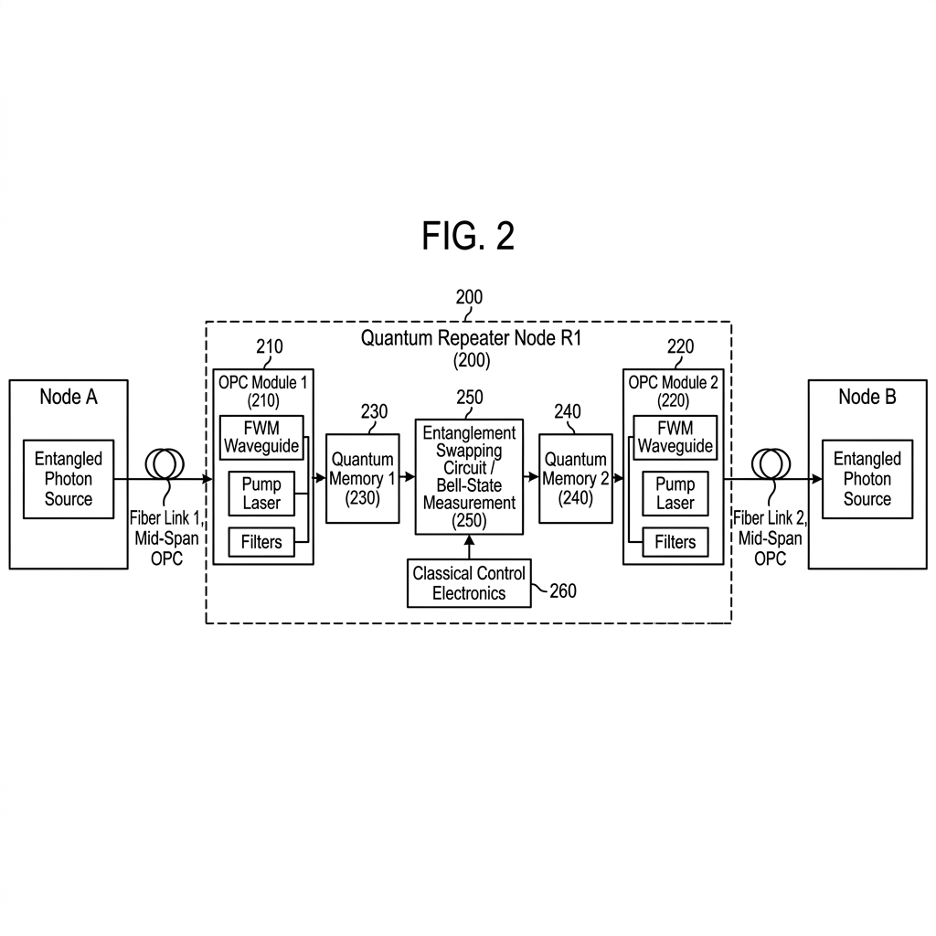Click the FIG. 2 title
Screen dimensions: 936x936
point(468,236)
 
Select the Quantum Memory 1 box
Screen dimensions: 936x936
point(362,479)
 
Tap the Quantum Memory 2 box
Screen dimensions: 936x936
point(576,479)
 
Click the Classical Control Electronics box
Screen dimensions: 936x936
point(469,583)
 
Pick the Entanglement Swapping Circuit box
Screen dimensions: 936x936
point(469,477)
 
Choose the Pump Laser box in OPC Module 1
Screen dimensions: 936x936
point(261,494)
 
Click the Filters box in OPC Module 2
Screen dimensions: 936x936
point(675,542)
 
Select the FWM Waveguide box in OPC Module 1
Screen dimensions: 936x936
point(261,438)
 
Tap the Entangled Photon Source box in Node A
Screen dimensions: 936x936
point(68,479)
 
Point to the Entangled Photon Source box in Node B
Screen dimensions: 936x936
point(867,479)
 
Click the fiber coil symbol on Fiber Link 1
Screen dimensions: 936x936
point(165,463)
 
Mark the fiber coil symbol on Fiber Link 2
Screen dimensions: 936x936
point(771,463)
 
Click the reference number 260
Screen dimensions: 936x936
point(563,591)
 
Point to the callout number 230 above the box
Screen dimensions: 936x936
point(374,411)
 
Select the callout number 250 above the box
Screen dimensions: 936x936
point(470,397)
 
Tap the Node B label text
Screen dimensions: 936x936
point(867,397)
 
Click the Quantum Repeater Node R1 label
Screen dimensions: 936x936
point(471,338)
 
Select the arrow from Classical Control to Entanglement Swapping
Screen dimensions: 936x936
point(469,547)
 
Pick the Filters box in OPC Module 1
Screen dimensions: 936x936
point(261,542)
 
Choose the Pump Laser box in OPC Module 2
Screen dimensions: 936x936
point(675,494)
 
